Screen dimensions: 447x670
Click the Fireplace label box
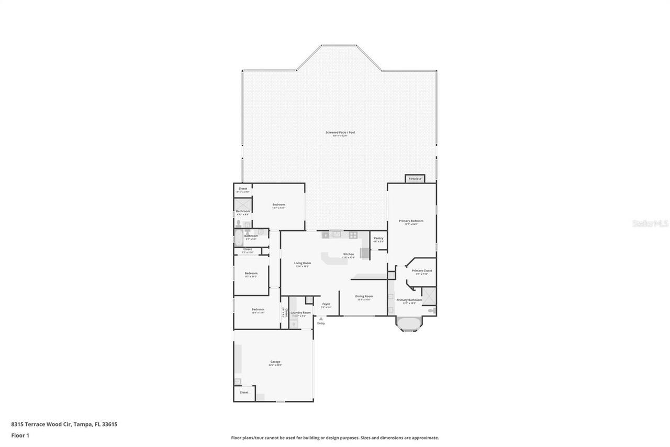[415, 179]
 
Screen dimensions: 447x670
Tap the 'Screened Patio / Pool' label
[340, 132]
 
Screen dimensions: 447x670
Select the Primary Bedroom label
[411, 221]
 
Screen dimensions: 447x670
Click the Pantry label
[378, 238]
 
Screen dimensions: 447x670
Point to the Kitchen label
[349, 255]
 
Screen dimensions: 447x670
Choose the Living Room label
[302, 264]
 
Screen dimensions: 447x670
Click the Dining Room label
[364, 297]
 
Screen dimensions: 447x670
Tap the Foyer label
[326, 304]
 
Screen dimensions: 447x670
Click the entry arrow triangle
[321, 319]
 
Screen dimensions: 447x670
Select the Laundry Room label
[300, 313]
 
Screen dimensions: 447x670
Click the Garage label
[275, 362]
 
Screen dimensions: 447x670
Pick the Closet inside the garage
[244, 393]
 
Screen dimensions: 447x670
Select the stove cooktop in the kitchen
[353, 235]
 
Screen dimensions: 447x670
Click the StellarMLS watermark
[650, 223]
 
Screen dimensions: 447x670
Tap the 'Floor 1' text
[20, 435]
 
